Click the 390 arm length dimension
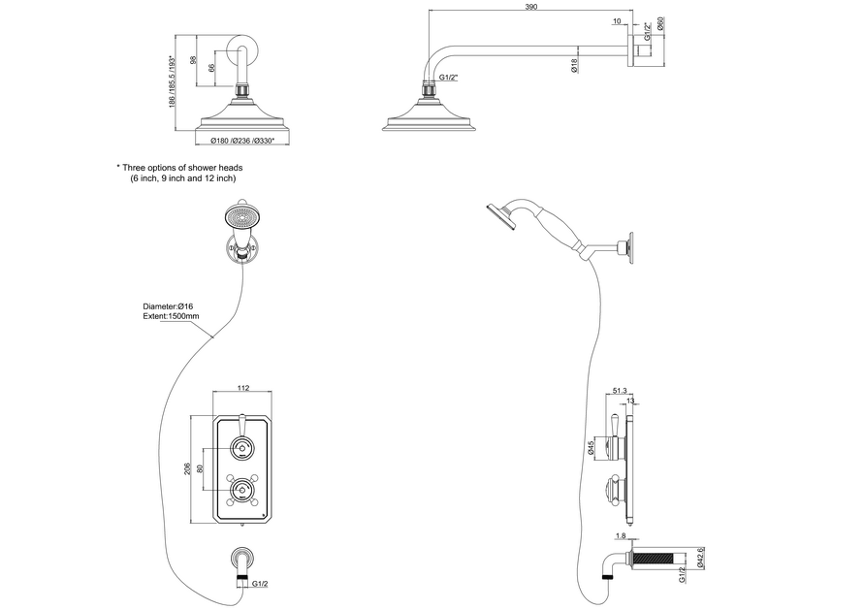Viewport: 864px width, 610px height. pos(530,7)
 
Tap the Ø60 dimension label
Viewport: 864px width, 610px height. pos(660,24)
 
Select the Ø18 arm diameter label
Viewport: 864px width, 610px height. pos(575,66)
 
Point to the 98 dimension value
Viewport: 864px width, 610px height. pos(193,61)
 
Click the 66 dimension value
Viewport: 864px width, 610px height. pos(211,69)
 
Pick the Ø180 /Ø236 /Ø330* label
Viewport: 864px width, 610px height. pos(242,141)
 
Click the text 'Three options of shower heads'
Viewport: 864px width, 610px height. pos(182,168)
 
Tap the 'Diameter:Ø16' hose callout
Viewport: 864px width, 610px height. pos(168,306)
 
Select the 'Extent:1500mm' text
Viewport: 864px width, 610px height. pos(171,316)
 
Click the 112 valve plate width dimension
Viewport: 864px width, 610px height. pos(243,388)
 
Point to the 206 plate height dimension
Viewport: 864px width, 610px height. pos(187,469)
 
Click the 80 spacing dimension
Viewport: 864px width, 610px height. pos(200,469)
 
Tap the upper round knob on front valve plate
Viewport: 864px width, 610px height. pos(240,447)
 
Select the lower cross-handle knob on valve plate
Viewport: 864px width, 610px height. pos(240,490)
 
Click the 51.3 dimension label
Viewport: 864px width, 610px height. pos(620,391)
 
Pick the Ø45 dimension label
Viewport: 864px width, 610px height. pos(591,448)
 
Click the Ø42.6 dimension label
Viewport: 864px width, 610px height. pos(700,557)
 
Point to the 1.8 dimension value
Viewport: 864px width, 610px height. pos(621,535)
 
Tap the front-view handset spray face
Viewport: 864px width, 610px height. pos(240,216)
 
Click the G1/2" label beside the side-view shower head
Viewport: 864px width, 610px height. pos(449,78)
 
